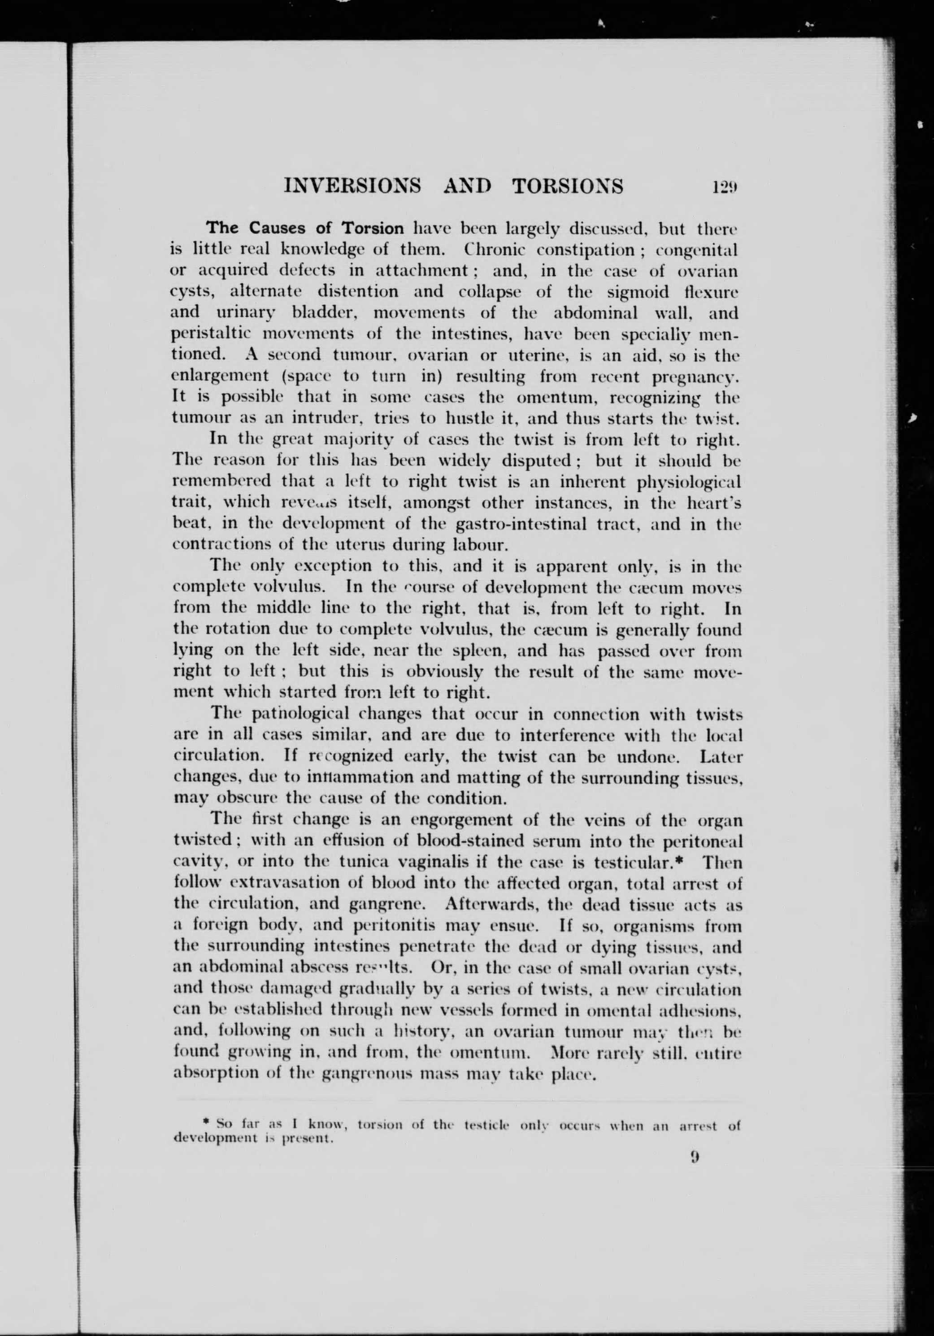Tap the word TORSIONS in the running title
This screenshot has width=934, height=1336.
[x=567, y=186]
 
